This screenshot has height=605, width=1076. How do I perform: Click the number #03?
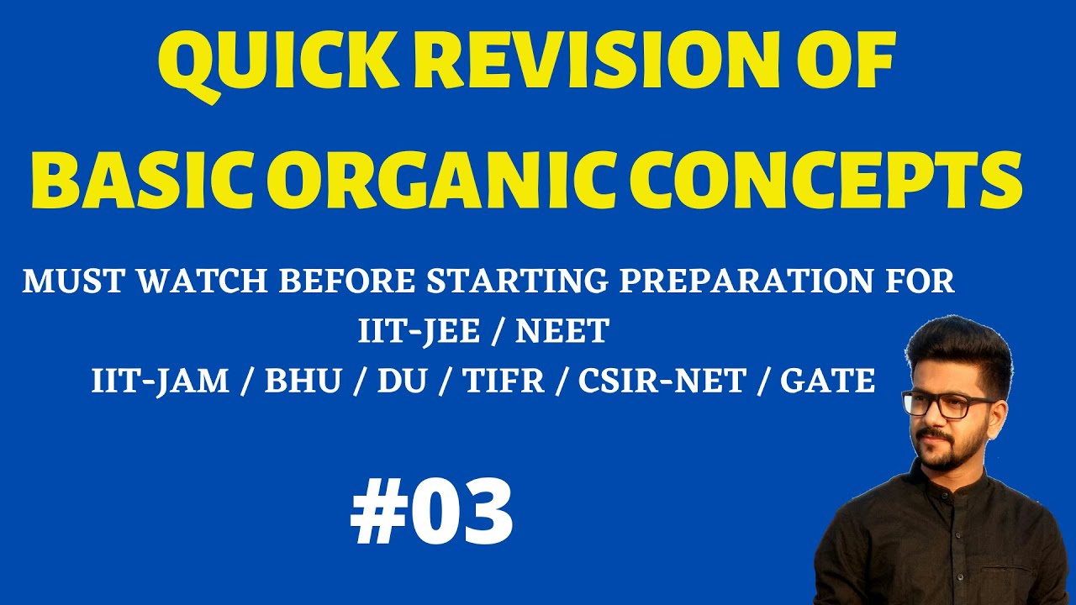[x=431, y=512]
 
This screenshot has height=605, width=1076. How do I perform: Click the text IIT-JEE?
[x=419, y=332]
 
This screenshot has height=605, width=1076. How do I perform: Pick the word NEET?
[x=561, y=332]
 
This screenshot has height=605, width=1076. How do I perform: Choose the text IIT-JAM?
[x=160, y=381]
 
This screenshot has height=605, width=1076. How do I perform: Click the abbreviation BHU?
[x=303, y=381]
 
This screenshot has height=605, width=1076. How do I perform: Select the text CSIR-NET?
[x=662, y=381]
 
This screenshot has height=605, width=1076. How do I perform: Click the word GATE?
[x=828, y=381]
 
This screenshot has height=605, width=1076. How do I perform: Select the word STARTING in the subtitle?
[x=517, y=281]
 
